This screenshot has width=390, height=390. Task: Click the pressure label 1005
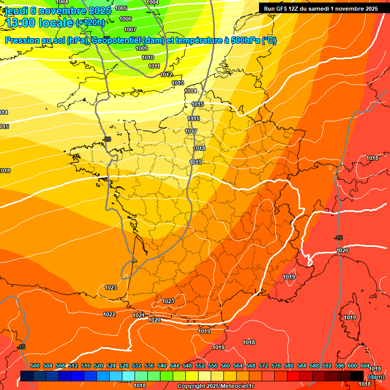121,8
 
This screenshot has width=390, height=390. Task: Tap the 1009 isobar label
142,48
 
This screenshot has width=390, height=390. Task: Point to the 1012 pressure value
166,75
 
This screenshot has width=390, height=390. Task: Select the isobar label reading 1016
193,118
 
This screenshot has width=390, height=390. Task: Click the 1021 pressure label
139,315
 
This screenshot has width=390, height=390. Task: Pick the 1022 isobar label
109,314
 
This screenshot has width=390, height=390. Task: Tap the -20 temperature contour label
107,139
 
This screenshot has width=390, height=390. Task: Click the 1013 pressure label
178,83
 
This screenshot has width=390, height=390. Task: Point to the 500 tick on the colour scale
35,366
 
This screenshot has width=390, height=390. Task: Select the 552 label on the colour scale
200,366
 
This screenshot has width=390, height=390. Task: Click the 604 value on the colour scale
365,366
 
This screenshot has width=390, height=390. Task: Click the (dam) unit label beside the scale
376,377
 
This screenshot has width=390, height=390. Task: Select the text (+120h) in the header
90,22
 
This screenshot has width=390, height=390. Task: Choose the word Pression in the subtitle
22,41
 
